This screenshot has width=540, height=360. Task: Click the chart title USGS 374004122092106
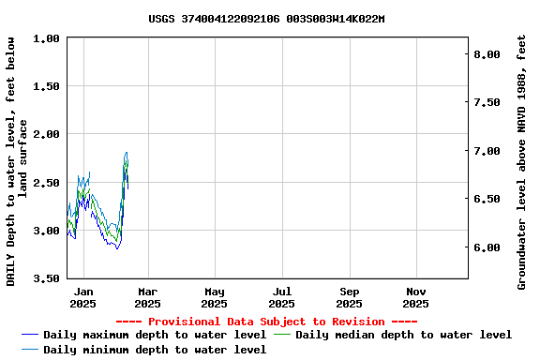tap(266, 19)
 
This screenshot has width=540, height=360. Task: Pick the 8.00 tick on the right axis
tap(487, 54)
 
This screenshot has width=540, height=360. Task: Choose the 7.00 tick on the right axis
tap(487, 151)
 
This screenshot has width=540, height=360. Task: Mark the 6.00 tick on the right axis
tap(487, 247)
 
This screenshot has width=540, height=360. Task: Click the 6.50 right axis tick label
tap(487, 199)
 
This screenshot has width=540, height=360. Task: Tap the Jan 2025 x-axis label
tap(82, 297)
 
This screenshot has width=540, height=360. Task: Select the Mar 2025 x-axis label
tap(147, 297)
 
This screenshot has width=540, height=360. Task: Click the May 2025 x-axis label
tap(215, 297)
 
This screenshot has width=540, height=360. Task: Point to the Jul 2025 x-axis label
tap(281, 297)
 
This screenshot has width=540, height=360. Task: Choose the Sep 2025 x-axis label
tap(349, 297)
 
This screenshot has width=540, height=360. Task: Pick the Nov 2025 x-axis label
tap(416, 297)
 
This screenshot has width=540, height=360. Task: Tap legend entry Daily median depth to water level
tap(403, 335)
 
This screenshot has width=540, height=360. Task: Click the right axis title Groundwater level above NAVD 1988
tap(521, 161)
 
